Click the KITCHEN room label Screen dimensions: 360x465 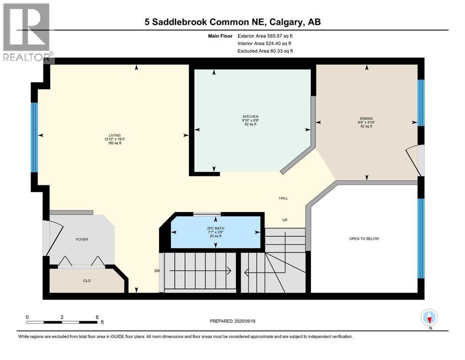(x=250, y=117)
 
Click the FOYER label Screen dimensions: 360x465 (x=82, y=240)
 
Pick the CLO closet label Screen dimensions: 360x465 (x=87, y=281)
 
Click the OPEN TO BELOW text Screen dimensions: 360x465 (x=364, y=239)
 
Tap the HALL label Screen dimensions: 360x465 (x=283, y=198)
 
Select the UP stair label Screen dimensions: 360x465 (x=284, y=220)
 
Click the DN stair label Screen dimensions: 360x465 (x=157, y=270)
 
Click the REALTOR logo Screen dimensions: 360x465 (x=26, y=33)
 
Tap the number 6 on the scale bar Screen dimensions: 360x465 (x=96, y=317)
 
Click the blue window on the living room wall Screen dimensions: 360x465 (x=34, y=138)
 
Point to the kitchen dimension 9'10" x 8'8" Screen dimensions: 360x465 (x=250, y=121)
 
